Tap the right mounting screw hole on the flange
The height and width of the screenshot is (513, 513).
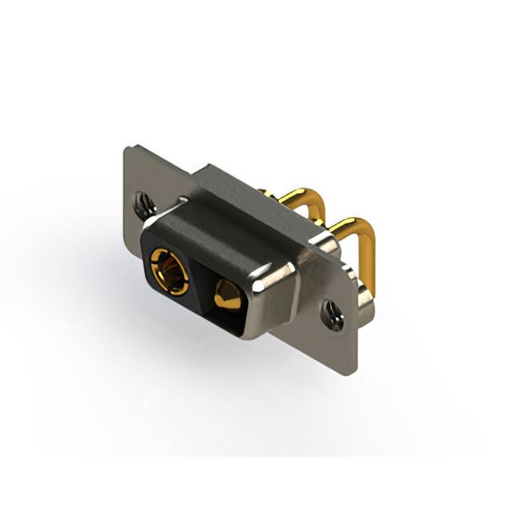coord(333,313)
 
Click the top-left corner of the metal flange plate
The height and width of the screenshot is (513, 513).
coord(126,147)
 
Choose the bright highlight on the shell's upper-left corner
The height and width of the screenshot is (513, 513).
coord(183,201)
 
